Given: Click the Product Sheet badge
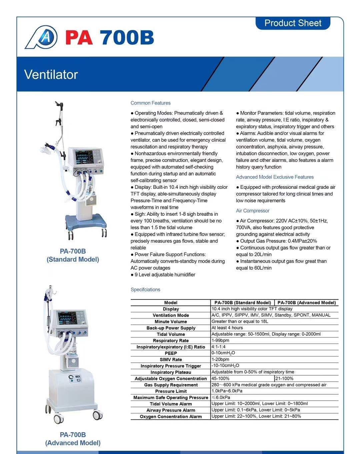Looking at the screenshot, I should tap(293, 23).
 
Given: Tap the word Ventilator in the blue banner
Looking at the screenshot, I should tap(51, 74).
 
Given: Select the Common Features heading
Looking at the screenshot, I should tap(150, 103).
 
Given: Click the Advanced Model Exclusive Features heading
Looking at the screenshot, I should tap(275, 177).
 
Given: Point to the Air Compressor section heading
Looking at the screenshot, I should tap(253, 211).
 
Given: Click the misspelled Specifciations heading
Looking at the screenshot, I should tap(145, 289).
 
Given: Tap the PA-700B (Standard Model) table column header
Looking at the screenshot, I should tap(242, 303).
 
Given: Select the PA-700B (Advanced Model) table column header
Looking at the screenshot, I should tap(306, 303).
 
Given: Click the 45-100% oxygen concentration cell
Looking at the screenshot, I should tap(221, 378).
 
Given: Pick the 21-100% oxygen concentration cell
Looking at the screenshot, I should tap(284, 378).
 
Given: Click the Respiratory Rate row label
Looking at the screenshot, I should tap(171, 340).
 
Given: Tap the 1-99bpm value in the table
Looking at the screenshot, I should tap(220, 340).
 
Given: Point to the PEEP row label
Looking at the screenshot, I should tap(171, 353).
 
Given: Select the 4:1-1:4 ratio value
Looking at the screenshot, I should tap(219, 347).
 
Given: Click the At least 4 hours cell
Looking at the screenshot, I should tap(227, 328).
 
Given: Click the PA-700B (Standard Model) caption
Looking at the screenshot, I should tap(73, 255).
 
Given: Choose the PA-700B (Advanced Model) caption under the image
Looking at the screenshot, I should tap(73, 439).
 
